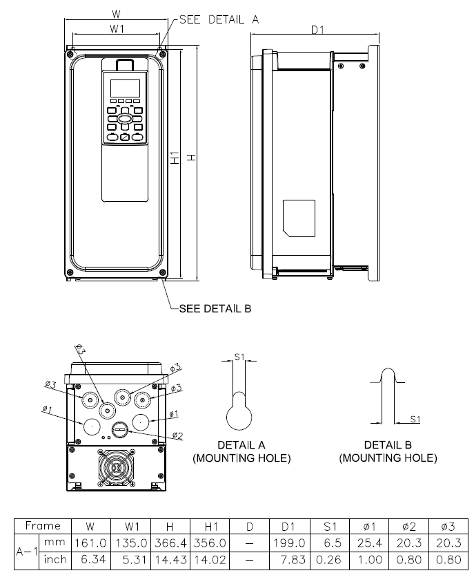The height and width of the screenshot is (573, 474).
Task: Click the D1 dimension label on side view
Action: tap(317, 30)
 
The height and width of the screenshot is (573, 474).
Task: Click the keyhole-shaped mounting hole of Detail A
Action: tap(241, 417)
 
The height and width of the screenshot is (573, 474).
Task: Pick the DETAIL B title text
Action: tap(388, 445)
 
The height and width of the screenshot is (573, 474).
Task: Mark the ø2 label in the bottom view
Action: tap(177, 435)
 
